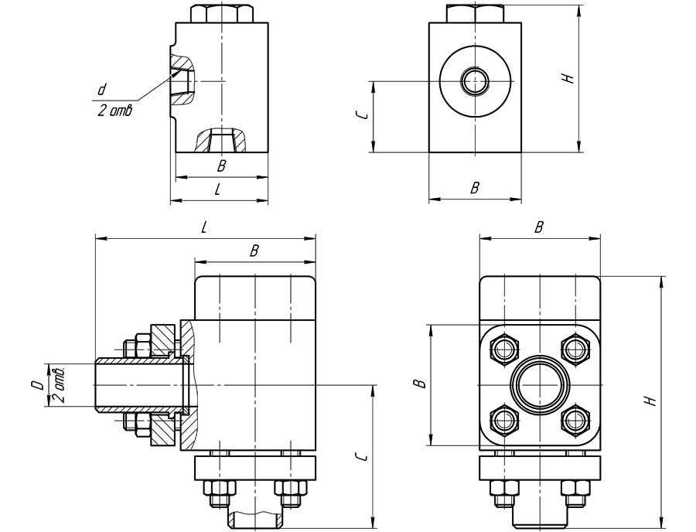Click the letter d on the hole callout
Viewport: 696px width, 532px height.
101,90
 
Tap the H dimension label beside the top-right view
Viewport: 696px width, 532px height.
568,78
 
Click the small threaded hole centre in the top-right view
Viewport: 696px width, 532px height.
473,80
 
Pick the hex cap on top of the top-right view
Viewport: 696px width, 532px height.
475,14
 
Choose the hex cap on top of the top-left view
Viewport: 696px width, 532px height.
220,14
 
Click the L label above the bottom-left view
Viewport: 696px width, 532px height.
204,227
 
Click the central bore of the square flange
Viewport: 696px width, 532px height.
539,384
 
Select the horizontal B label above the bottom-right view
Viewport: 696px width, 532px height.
539,227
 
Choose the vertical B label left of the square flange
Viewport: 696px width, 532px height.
419,384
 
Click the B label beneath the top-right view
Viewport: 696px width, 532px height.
475,188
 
